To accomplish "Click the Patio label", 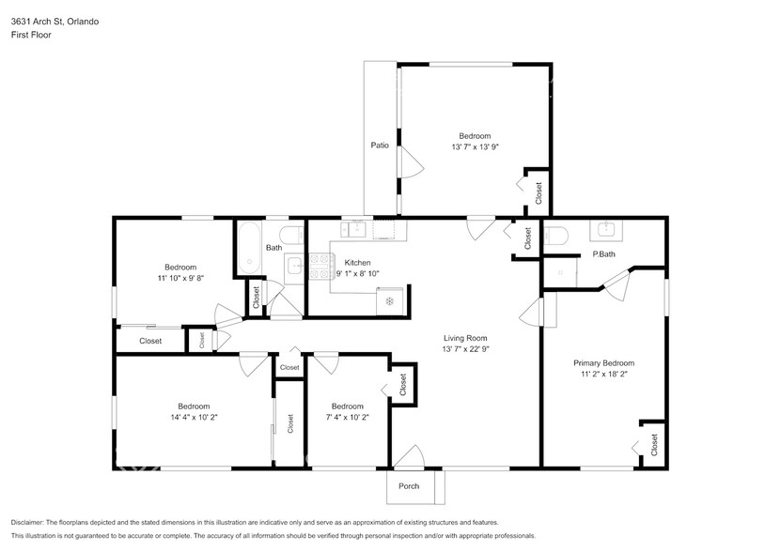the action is click(x=380, y=146).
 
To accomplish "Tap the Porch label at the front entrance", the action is click(x=409, y=486).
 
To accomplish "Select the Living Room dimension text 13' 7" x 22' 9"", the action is click(x=466, y=349).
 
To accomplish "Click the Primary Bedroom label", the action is click(x=603, y=363).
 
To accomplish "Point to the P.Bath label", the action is click(x=603, y=253).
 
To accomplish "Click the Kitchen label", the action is click(x=358, y=262).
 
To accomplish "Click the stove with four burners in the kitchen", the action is click(x=321, y=267).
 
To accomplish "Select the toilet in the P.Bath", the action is click(x=556, y=236).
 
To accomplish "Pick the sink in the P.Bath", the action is click(x=605, y=230).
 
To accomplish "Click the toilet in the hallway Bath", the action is click(x=291, y=235).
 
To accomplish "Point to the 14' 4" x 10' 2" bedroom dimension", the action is click(x=195, y=418).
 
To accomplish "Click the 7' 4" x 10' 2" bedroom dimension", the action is click(x=348, y=418).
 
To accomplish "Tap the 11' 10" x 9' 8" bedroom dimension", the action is click(x=180, y=278).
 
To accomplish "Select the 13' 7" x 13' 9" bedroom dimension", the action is click(x=476, y=146).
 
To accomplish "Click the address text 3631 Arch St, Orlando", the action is click(x=55, y=22).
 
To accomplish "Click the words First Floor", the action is click(x=31, y=35).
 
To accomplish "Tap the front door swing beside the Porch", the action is click(x=409, y=457).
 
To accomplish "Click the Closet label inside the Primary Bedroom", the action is click(x=654, y=444).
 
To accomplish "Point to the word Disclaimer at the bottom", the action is click(x=27, y=523).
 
